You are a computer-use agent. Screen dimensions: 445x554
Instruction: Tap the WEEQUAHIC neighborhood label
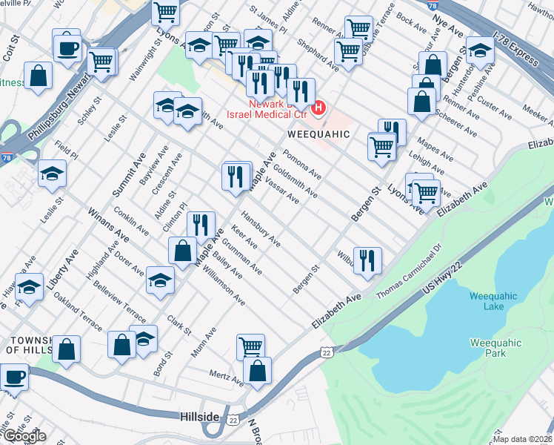[318, 135]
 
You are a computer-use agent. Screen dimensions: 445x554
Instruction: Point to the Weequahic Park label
[495, 349]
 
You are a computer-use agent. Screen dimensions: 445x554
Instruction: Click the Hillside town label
[199, 418]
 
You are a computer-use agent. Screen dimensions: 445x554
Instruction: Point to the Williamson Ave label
[229, 290]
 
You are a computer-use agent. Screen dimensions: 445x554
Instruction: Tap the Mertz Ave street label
[225, 378]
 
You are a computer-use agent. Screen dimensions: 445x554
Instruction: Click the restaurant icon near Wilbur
[367, 260]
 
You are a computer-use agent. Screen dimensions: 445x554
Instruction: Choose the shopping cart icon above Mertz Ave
[250, 346]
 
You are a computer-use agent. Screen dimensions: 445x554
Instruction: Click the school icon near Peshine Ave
[481, 50]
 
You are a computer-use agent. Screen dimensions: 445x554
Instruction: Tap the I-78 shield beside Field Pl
[6, 157]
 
